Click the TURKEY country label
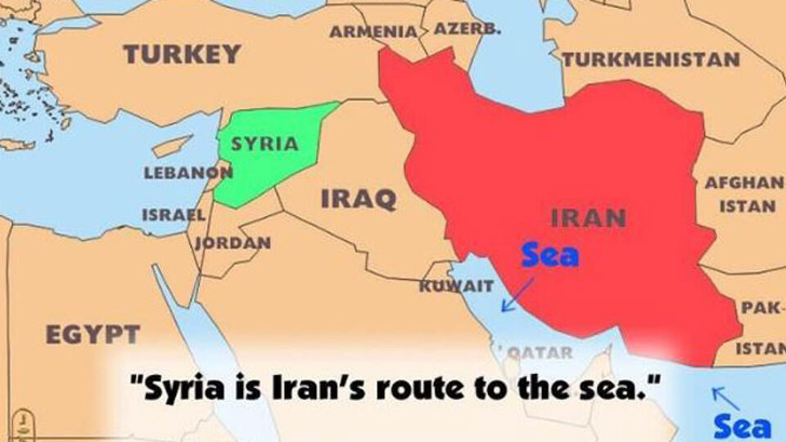182,55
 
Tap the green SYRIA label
264,144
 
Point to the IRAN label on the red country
589,219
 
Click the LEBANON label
187,174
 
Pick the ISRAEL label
174,215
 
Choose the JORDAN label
233,243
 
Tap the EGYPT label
93,334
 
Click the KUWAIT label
456,286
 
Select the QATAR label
540,353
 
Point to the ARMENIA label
373,32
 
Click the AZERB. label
468,29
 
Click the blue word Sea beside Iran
550,255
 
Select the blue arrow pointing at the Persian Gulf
517,295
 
